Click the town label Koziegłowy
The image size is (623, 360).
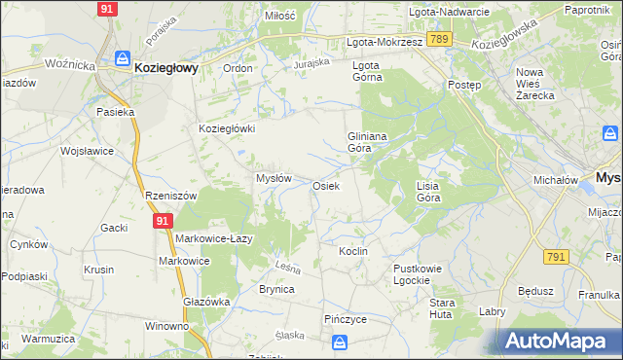click(x=166, y=68)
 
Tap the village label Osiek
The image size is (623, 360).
click(x=325, y=186)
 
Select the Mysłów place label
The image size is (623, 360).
click(x=274, y=178)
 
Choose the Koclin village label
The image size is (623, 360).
click(x=352, y=251)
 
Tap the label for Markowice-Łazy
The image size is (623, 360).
click(x=215, y=238)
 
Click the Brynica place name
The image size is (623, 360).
click(x=276, y=289)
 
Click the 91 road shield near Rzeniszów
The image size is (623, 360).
click(x=162, y=222)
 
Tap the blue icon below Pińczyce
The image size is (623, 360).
click(x=340, y=342)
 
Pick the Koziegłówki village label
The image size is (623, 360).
click(x=227, y=128)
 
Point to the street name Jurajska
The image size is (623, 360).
click(x=312, y=63)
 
